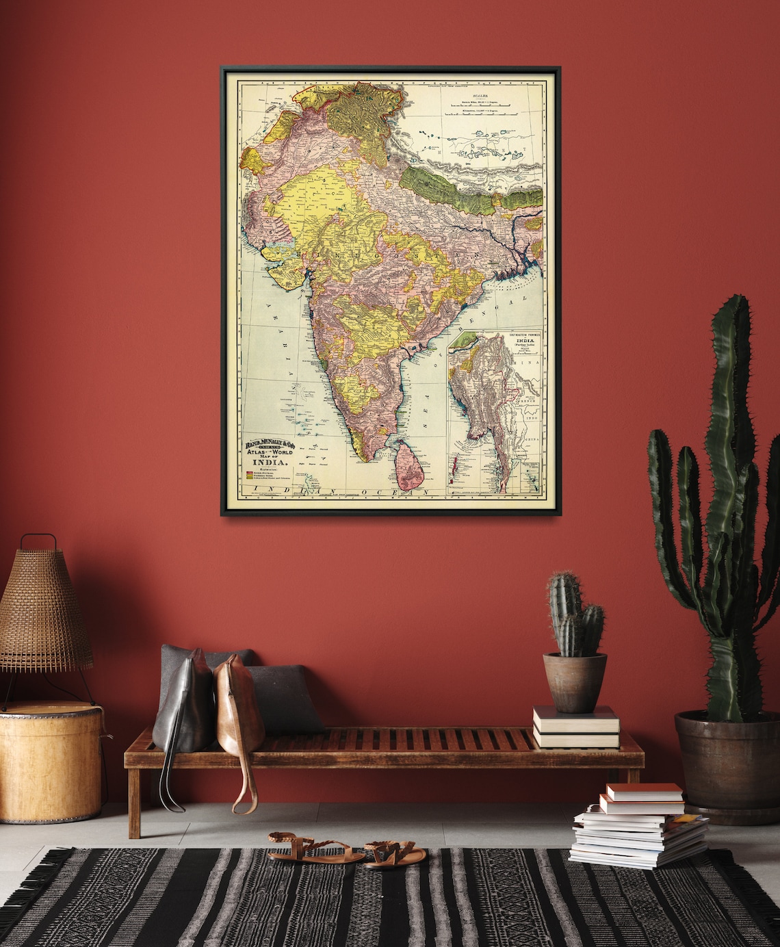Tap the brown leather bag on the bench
tap(239, 712)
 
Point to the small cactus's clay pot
tap(575, 682)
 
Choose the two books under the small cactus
tap(576, 728)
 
